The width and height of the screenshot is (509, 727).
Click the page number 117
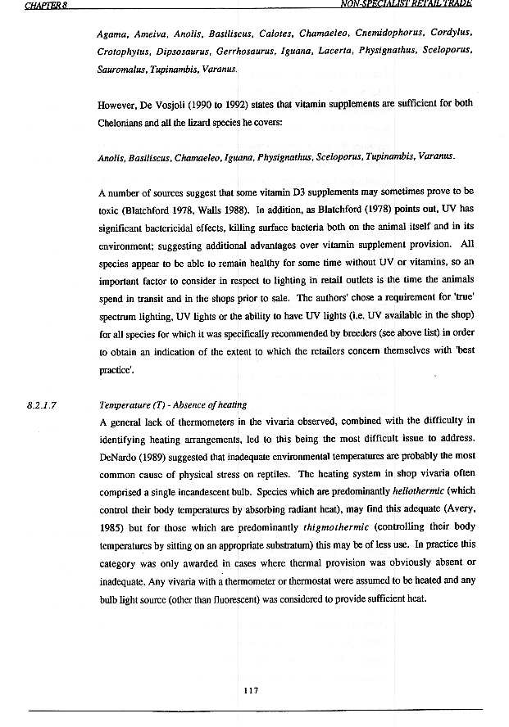click(252, 690)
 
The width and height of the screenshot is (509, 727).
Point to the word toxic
click(111, 211)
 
